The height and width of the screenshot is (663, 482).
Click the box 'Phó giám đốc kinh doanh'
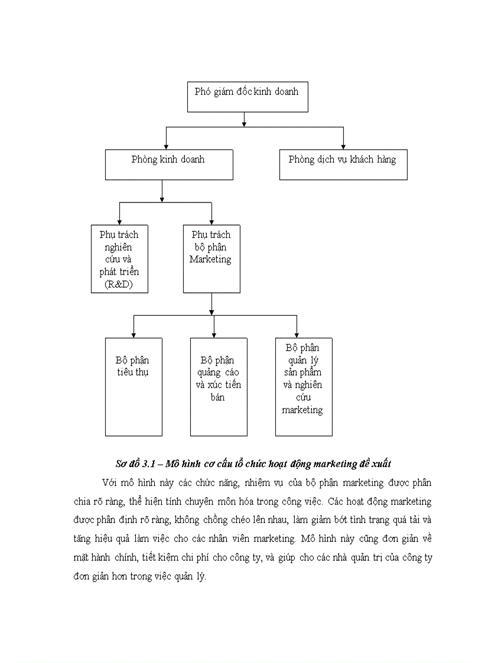tap(247, 97)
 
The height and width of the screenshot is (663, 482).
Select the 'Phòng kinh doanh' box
tap(168, 164)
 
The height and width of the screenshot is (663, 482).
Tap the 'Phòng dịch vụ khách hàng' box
tap(343, 164)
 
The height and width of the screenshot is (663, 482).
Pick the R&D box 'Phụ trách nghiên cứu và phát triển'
tap(119, 259)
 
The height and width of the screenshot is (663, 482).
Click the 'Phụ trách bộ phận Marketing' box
tap(211, 259)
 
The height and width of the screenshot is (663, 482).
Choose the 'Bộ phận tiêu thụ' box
tap(133, 387)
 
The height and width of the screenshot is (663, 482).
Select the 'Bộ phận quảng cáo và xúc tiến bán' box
tap(218, 387)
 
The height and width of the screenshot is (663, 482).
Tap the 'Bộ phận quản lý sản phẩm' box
tap(303, 387)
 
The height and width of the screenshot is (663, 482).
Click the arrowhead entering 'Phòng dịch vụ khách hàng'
tap(343, 146)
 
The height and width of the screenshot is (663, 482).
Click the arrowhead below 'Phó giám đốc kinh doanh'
tap(245, 123)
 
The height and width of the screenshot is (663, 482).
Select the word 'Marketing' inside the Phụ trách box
tap(211, 260)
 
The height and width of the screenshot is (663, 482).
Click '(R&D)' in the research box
tap(119, 285)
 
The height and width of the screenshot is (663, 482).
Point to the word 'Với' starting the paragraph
tap(109, 483)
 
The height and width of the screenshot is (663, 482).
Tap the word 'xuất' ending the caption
tap(380, 463)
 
